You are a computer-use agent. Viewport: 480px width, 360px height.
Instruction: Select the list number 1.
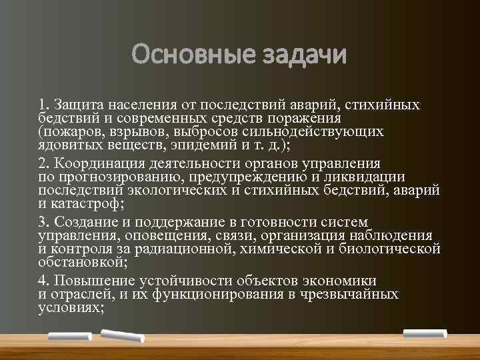pyautogui.click(x=43, y=104)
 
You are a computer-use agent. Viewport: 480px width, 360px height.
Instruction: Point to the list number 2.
pyautogui.click(x=43, y=163)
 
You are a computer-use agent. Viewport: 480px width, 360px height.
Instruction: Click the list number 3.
pyautogui.click(x=43, y=221)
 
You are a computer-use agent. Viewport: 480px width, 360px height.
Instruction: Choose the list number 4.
pyautogui.click(x=43, y=279)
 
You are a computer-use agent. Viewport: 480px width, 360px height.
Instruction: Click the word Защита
pyautogui.click(x=78, y=104)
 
